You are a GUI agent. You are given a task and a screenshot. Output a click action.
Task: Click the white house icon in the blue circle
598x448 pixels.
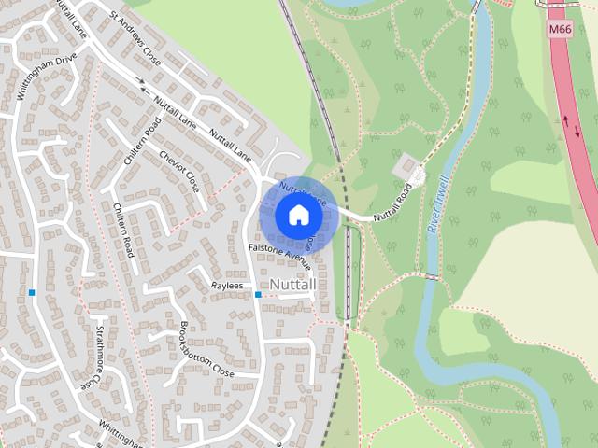[x=298, y=215]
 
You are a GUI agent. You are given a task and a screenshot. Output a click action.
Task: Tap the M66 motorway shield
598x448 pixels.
[x=561, y=31]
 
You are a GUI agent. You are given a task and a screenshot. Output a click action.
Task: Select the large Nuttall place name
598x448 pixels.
[x=292, y=283]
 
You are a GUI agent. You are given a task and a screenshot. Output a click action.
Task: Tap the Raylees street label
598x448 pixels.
[x=227, y=286]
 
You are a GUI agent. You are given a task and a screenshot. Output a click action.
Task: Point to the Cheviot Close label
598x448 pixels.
[x=179, y=169]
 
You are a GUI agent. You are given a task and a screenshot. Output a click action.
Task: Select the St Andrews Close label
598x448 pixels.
[x=135, y=37]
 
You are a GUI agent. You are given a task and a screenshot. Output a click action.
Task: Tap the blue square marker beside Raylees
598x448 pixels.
[x=258, y=295]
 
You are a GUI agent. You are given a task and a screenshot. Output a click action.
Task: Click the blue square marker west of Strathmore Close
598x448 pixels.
[x=32, y=292]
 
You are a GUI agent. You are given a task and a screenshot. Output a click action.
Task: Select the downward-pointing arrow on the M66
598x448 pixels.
[x=577, y=132]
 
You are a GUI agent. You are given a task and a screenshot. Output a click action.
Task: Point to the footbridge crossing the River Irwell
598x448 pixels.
[x=431, y=277]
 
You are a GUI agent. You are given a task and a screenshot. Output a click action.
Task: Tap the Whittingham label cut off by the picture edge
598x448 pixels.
[x=119, y=434]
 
